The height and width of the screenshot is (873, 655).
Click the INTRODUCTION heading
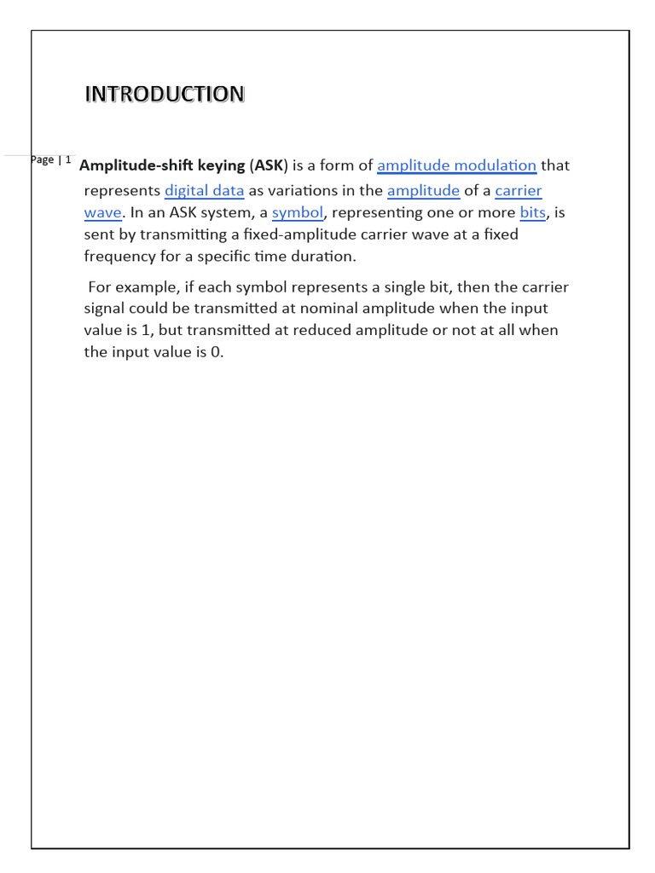click(164, 94)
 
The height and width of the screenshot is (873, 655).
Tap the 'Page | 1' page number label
click(51, 159)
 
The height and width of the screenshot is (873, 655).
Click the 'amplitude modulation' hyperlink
click(456, 165)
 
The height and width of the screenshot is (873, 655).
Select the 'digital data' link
click(204, 190)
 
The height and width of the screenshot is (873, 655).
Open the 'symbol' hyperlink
click(298, 212)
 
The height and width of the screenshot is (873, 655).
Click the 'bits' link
click(532, 212)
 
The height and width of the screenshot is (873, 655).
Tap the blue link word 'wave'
click(103, 212)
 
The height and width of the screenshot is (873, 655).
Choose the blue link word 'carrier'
click(519, 190)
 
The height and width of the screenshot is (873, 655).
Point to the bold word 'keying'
click(221, 165)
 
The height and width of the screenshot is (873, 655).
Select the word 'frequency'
click(119, 256)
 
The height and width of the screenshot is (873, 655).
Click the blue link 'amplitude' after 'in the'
click(423, 190)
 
